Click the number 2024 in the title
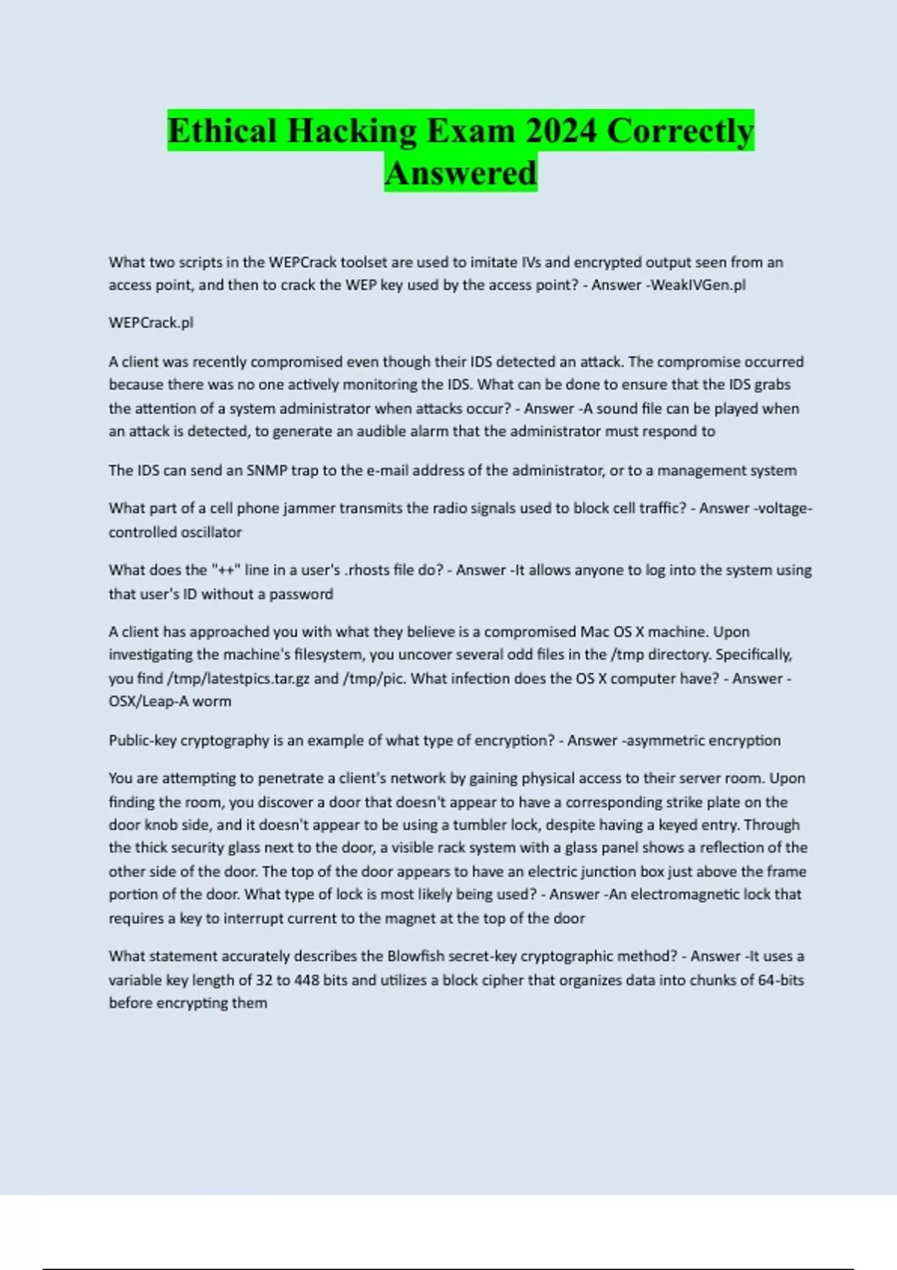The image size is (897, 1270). (561, 131)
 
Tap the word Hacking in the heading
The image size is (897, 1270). (351, 131)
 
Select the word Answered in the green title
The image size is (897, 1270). (460, 173)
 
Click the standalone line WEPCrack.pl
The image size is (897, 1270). (151, 323)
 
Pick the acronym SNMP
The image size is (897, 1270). (267, 471)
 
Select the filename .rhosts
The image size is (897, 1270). (368, 570)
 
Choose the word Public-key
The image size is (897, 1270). (142, 740)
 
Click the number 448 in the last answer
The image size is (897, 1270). (306, 980)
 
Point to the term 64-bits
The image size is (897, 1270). (780, 980)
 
